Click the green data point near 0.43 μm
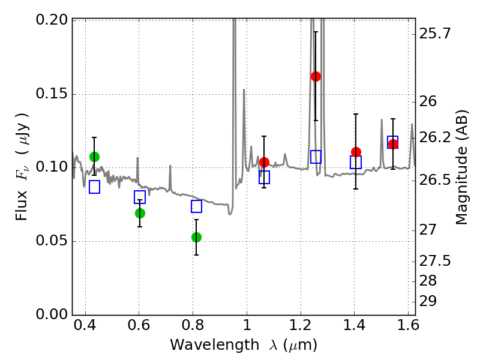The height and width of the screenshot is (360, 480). [94, 157]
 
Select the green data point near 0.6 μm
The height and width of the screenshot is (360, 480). [140, 213]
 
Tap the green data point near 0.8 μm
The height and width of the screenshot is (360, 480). [196, 237]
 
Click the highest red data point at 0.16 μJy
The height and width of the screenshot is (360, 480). [316, 76]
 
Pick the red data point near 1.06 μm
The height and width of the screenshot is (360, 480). [264, 162]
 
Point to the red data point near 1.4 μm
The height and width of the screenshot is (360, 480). [356, 152]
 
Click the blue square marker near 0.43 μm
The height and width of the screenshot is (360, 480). [94, 187]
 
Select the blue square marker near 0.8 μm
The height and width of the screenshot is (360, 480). [196, 206]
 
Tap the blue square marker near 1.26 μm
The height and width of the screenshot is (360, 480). [316, 157]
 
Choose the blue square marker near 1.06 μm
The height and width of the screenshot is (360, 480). [264, 177]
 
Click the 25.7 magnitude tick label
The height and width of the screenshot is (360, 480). [436, 34]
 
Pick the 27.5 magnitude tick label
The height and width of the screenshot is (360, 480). [436, 261]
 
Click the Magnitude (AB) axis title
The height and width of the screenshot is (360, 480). [461, 167]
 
